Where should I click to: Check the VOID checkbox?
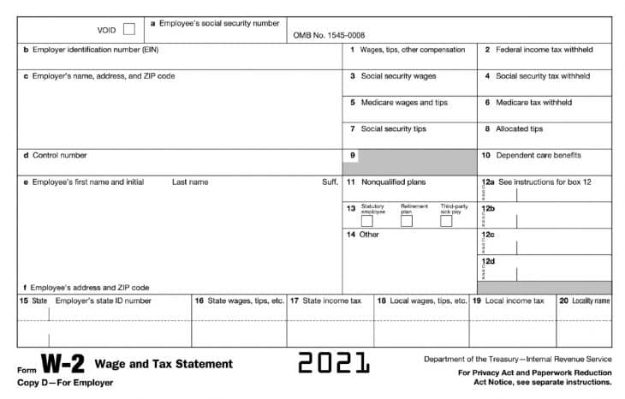[x=128, y=29]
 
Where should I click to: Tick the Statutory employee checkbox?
[x=366, y=221]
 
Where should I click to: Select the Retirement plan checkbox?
[x=407, y=221]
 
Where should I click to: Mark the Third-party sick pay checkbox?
[x=446, y=221]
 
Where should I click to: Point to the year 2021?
[x=334, y=363]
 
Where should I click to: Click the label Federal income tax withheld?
[x=544, y=50]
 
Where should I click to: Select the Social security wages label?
[x=398, y=76]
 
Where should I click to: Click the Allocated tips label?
[x=519, y=129]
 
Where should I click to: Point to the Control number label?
[x=59, y=156]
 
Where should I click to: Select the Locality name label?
[x=590, y=301]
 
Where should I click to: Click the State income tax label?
[x=331, y=301]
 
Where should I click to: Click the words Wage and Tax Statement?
[x=164, y=364]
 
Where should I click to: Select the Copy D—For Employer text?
[x=65, y=382]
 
